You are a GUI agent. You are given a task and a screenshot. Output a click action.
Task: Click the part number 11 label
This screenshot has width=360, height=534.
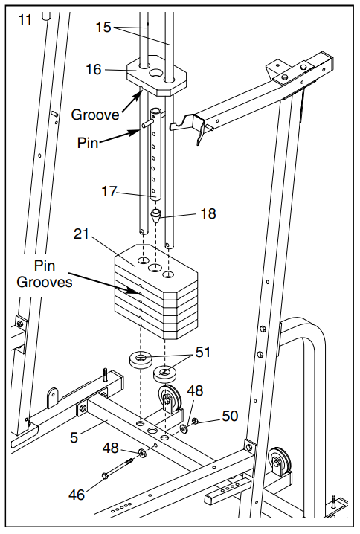point(25,19)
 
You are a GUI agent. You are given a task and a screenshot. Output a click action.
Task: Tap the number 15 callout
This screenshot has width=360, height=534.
point(103,28)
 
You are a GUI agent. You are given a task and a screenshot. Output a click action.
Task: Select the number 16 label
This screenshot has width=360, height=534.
point(93,69)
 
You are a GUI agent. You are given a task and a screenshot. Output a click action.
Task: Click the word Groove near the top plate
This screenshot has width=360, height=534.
point(95,115)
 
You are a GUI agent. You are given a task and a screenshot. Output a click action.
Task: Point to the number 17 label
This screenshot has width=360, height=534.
point(109,191)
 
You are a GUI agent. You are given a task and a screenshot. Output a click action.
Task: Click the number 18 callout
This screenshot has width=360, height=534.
point(208,213)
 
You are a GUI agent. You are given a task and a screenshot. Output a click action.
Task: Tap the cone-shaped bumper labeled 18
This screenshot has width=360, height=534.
point(155,215)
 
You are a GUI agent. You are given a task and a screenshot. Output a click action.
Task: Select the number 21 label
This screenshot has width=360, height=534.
point(81,234)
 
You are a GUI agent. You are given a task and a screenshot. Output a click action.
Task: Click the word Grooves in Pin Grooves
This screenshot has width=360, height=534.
point(45,282)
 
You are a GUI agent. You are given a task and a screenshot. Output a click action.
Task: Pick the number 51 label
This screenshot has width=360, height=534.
point(203,352)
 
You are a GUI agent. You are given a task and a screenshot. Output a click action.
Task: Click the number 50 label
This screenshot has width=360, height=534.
point(230,416)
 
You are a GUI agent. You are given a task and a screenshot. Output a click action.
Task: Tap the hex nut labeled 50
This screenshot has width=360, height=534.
point(196,421)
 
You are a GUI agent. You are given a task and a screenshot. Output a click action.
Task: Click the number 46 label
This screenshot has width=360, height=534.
point(77,495)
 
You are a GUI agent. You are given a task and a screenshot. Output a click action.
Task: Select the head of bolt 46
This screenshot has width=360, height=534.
point(105,476)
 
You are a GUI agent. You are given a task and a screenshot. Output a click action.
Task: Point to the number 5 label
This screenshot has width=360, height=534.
point(74,437)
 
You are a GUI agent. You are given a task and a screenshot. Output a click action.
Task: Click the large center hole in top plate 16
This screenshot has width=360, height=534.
point(156,72)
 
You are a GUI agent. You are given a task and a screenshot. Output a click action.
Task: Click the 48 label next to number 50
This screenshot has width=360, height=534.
point(195,390)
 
